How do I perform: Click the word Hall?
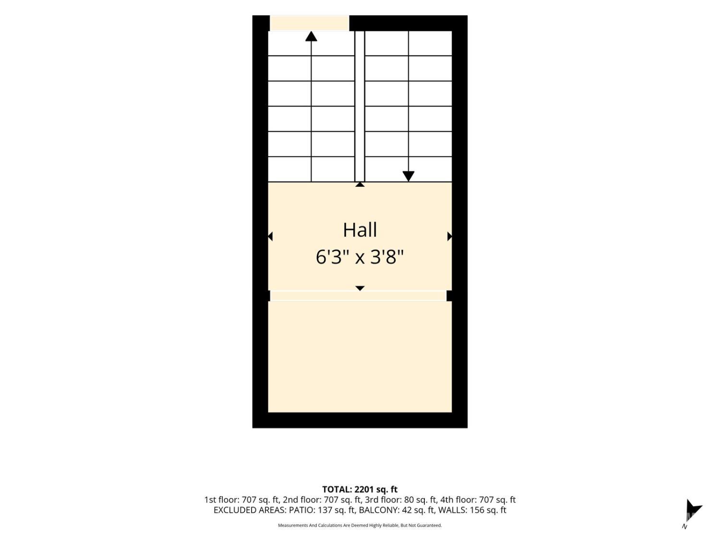tap(360, 230)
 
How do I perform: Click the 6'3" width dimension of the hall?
tap(332, 257)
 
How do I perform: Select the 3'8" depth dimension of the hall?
tap(387, 257)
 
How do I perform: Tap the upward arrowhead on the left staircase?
tap(311, 36)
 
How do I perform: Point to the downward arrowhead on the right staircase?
tap(408, 176)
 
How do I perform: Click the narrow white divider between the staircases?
tap(360, 106)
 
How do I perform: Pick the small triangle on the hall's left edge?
tap(270, 236)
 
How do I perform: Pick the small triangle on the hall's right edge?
tap(449, 236)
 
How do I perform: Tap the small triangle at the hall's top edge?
tap(360, 185)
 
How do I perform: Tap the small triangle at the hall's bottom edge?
tap(360, 288)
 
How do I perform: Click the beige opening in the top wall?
tap(309, 23)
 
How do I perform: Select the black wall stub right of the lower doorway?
tap(449, 295)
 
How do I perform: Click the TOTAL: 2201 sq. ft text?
tap(360, 489)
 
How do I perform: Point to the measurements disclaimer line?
tap(360, 525)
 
